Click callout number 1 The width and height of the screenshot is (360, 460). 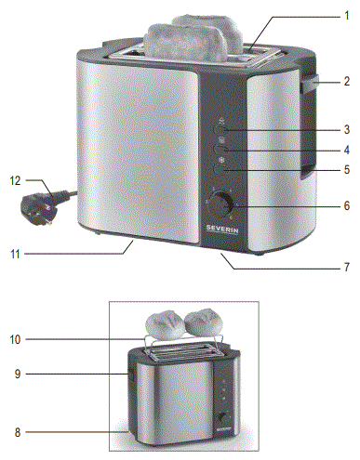[345, 16]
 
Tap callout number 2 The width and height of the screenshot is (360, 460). [345, 82]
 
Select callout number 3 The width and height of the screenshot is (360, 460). [345, 129]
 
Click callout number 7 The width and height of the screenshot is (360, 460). [345, 268]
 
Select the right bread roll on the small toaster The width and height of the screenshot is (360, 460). [203, 322]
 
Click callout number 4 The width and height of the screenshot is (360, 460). [345, 149]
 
